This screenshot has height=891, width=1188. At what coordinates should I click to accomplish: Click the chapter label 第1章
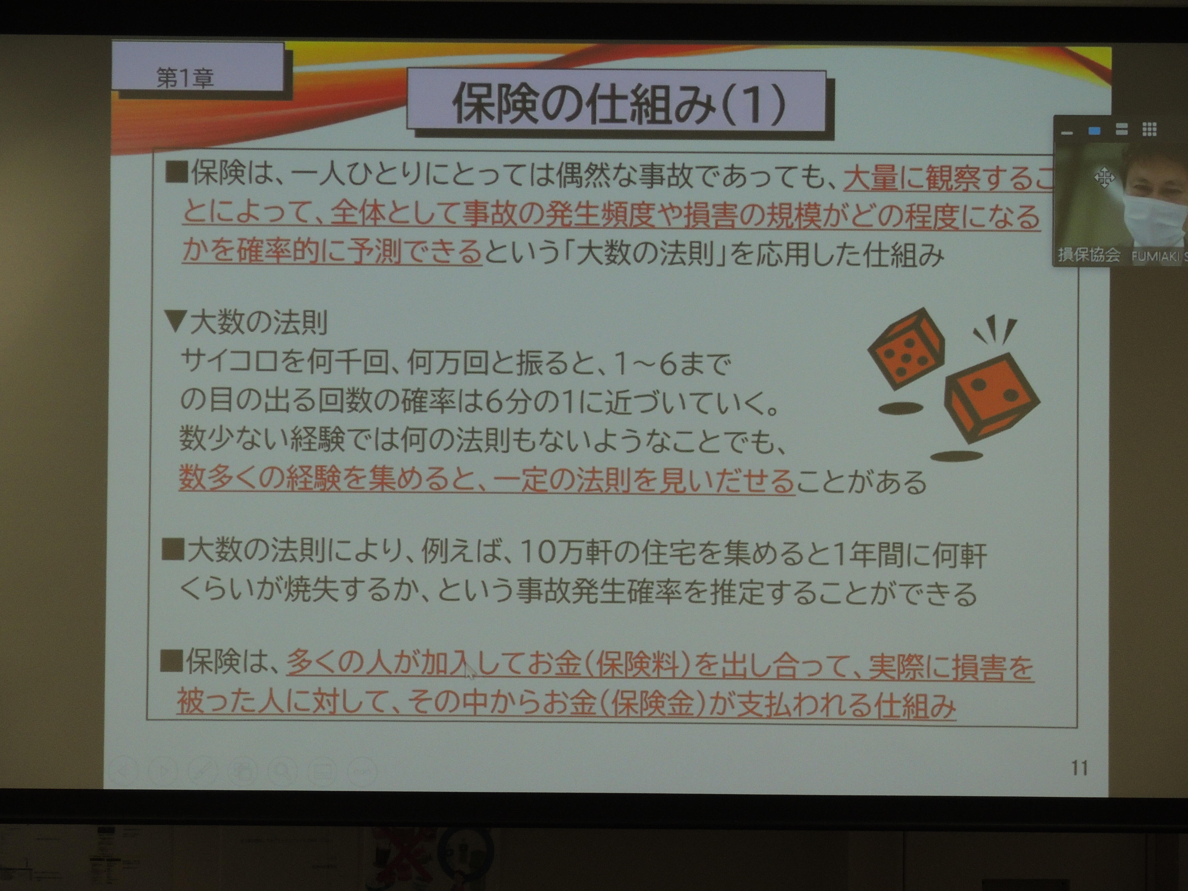point(185,78)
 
